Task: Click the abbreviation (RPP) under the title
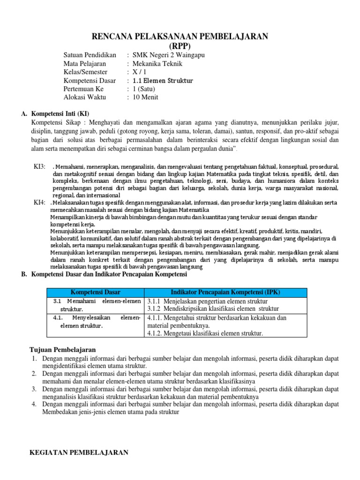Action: click(x=180, y=46)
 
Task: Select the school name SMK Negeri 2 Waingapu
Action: click(x=169, y=55)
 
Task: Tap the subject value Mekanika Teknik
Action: click(x=157, y=64)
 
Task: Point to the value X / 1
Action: click(x=140, y=72)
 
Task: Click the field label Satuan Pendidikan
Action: click(x=90, y=55)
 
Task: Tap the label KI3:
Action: click(x=39, y=166)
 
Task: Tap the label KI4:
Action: click(x=39, y=202)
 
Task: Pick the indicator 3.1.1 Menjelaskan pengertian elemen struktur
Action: click(x=208, y=301)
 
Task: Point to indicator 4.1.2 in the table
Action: click(x=205, y=333)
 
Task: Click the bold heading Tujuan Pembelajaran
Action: click(x=62, y=350)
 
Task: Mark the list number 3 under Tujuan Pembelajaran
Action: click(x=34, y=389)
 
